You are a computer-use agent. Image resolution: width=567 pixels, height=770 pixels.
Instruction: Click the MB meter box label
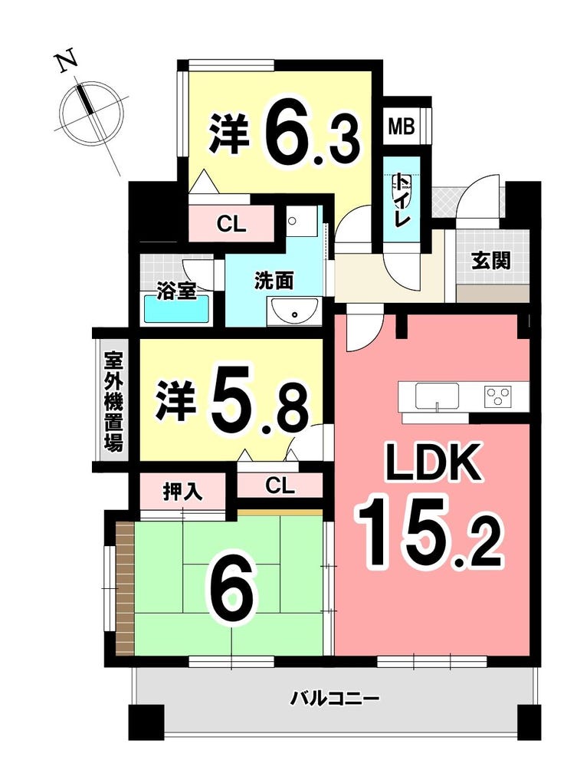click(401, 127)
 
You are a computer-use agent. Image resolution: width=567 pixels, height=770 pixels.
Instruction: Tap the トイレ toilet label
click(401, 199)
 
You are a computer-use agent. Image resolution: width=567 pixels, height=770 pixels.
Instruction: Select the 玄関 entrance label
click(491, 260)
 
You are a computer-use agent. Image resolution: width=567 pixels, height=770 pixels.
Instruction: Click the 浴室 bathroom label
click(176, 291)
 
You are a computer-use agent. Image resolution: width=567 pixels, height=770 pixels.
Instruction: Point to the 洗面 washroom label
click(274, 281)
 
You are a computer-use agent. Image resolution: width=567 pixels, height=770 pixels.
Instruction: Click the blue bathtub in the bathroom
click(176, 309)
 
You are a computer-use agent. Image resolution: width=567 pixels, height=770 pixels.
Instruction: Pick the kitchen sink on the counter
click(437, 396)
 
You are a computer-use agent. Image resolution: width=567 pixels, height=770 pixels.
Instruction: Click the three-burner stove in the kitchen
click(498, 395)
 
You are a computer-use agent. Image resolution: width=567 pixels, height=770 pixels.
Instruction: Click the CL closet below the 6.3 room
click(231, 225)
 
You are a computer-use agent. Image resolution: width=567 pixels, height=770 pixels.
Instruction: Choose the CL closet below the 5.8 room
click(280, 485)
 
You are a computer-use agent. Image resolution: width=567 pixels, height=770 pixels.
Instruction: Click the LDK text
click(432, 462)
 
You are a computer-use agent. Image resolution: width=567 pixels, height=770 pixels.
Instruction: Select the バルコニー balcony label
click(334, 697)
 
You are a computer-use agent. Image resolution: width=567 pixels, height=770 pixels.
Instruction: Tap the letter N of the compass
click(66, 61)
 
